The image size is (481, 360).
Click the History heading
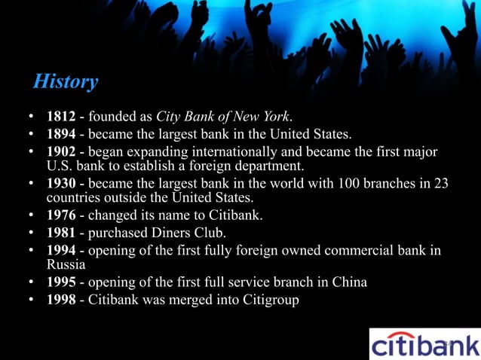(66, 81)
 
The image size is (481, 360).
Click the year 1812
(61, 117)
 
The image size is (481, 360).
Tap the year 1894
(61, 136)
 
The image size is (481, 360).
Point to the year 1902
(61, 153)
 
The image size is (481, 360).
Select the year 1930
(61, 185)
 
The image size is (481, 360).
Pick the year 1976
(61, 216)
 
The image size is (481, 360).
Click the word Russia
(66, 265)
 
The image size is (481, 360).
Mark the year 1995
(61, 282)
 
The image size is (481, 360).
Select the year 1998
(61, 300)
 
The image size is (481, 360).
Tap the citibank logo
(424, 343)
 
